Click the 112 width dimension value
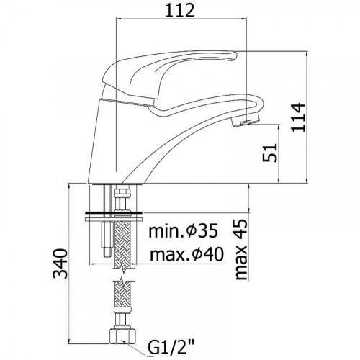pos(180,11)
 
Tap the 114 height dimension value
pos(298,117)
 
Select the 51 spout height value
pos(270,153)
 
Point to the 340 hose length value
pos(60,264)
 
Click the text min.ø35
pos(184,230)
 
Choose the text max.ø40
pos(186,254)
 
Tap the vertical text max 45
pos(240,250)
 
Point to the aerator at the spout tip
pos(246,120)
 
